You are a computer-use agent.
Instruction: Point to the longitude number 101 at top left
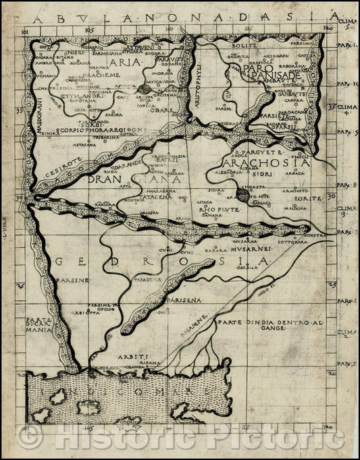point(25,31)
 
